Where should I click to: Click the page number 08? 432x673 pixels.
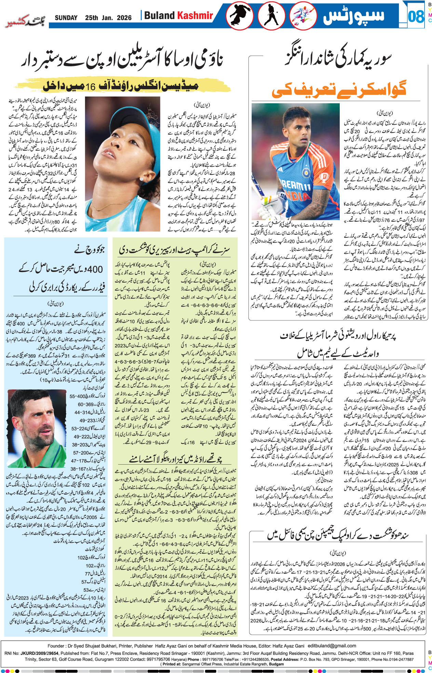(416, 16)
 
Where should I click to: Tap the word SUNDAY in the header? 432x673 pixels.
(66, 18)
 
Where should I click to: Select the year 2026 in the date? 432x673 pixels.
(124, 18)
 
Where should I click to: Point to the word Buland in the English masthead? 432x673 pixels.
(159, 15)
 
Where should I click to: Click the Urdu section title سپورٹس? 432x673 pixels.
(354, 16)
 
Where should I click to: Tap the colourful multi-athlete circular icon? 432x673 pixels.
(303, 16)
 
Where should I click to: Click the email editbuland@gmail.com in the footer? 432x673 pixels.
(332, 646)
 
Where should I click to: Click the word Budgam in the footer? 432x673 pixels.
(276, 664)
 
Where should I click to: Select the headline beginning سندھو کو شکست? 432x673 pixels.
(338, 535)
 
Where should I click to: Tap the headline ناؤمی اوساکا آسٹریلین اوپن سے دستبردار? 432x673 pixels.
(122, 60)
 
